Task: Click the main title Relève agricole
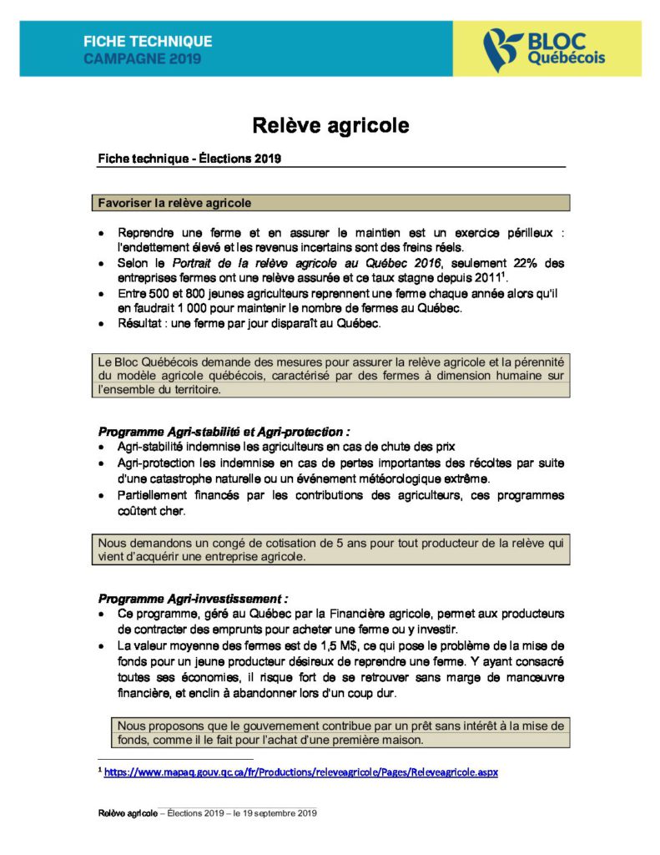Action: point(331,125)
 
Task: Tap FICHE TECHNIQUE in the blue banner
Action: point(148,41)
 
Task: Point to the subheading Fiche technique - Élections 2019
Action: point(190,159)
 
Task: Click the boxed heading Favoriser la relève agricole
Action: point(174,203)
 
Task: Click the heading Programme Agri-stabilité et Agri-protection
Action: point(224,432)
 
